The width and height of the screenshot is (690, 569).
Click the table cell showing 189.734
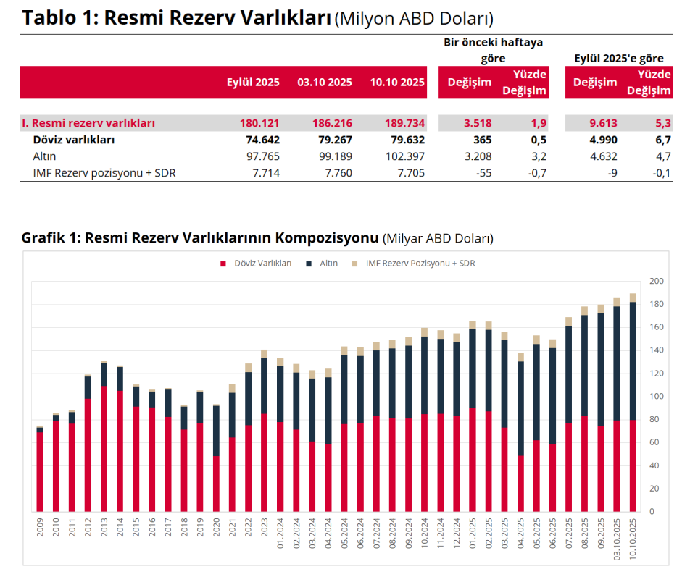click(397, 123)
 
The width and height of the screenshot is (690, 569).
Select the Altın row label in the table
click(44, 156)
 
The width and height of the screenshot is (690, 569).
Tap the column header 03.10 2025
click(324, 83)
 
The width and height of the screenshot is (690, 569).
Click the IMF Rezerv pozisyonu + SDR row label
click(104, 172)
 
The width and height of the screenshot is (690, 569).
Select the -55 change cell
click(482, 172)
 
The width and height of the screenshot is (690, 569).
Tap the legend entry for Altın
click(328, 264)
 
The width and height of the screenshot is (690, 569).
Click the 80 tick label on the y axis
click(654, 419)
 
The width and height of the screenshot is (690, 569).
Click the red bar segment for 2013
click(104, 449)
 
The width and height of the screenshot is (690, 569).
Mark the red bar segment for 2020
click(216, 484)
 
